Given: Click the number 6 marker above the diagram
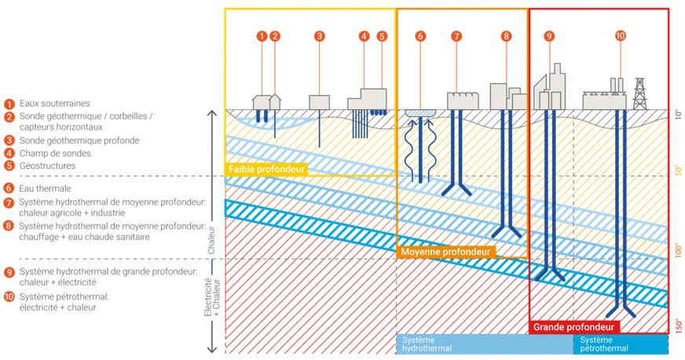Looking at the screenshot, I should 420,36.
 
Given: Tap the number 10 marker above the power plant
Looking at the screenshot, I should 621,36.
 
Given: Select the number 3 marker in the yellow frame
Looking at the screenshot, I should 320,36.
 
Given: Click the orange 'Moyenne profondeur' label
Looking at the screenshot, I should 446,252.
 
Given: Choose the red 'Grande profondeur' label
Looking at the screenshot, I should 573,326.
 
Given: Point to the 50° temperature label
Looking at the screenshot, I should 678,171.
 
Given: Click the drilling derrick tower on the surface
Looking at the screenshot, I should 639,94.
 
